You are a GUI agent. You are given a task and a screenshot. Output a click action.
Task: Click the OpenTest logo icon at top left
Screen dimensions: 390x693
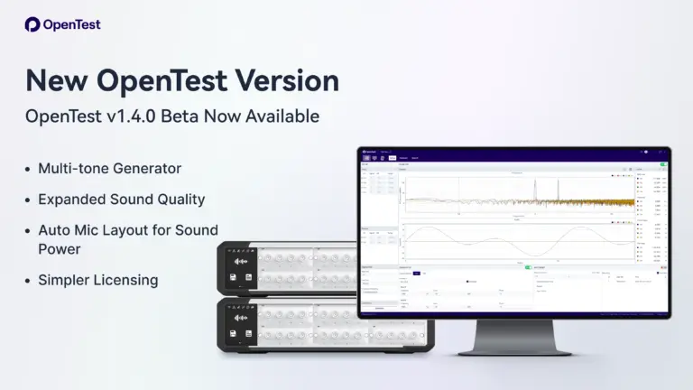32,24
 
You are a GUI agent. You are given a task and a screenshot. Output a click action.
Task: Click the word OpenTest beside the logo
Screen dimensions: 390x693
71,24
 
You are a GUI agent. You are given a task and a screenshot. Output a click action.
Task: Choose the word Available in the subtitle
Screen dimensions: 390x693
281,116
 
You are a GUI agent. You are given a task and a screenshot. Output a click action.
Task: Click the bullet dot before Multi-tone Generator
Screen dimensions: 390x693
29,169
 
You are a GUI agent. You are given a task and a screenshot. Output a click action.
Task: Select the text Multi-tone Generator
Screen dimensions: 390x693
109,169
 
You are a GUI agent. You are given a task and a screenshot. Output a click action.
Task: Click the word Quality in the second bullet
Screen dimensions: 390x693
181,200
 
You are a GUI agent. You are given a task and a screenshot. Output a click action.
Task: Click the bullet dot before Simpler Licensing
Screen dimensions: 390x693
29,280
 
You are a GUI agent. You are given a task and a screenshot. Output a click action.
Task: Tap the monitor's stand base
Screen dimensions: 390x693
513,349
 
